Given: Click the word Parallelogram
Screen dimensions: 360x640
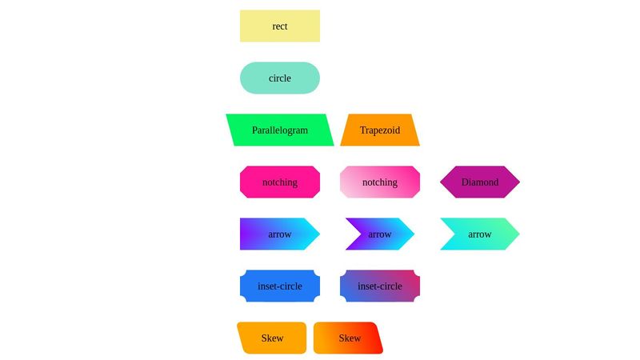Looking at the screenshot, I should (x=280, y=130).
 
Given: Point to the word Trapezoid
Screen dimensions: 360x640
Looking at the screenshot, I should (x=380, y=130).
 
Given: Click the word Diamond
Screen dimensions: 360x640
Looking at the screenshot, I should (x=480, y=182).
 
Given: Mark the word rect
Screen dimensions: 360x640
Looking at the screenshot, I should (x=280, y=26).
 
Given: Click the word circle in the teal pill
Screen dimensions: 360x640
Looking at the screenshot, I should (x=280, y=78).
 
